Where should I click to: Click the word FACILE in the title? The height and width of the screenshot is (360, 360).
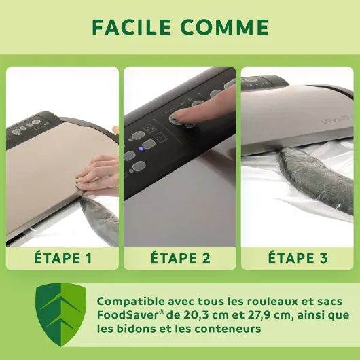[x=132, y=27]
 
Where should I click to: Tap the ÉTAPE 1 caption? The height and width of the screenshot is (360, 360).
[x=63, y=257]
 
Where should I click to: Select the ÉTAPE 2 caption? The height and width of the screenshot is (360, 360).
[x=180, y=257]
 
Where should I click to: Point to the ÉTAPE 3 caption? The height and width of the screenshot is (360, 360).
[x=298, y=257]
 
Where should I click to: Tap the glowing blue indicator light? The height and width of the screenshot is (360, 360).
[x=141, y=149]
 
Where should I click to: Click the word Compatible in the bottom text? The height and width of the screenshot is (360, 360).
[x=130, y=302]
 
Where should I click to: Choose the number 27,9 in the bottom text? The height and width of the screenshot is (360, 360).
[x=260, y=315]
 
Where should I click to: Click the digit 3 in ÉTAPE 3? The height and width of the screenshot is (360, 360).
[x=323, y=258]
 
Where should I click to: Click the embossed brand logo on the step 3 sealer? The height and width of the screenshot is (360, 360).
[x=337, y=120]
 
